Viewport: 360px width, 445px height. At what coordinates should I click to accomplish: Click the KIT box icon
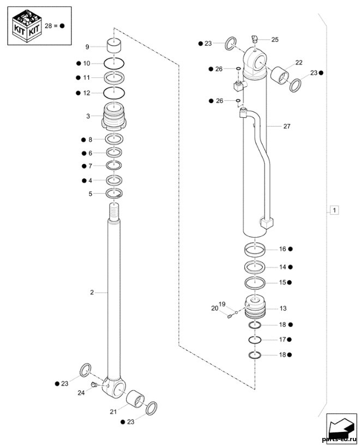pyautogui.click(x=27, y=26)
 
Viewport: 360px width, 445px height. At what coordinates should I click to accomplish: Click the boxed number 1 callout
pyautogui.click(x=334, y=211)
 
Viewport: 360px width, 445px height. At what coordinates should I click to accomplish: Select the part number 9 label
pyautogui.click(x=87, y=47)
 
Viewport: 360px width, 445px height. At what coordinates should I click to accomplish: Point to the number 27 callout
pyautogui.click(x=287, y=126)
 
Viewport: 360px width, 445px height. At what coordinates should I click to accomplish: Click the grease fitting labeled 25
pyautogui.click(x=254, y=39)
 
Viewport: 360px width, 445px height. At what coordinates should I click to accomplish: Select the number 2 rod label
pyautogui.click(x=92, y=292)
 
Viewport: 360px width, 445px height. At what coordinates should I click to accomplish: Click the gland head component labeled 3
pyautogui.click(x=113, y=116)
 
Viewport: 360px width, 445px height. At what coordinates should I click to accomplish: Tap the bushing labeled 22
pyautogui.click(x=280, y=76)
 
